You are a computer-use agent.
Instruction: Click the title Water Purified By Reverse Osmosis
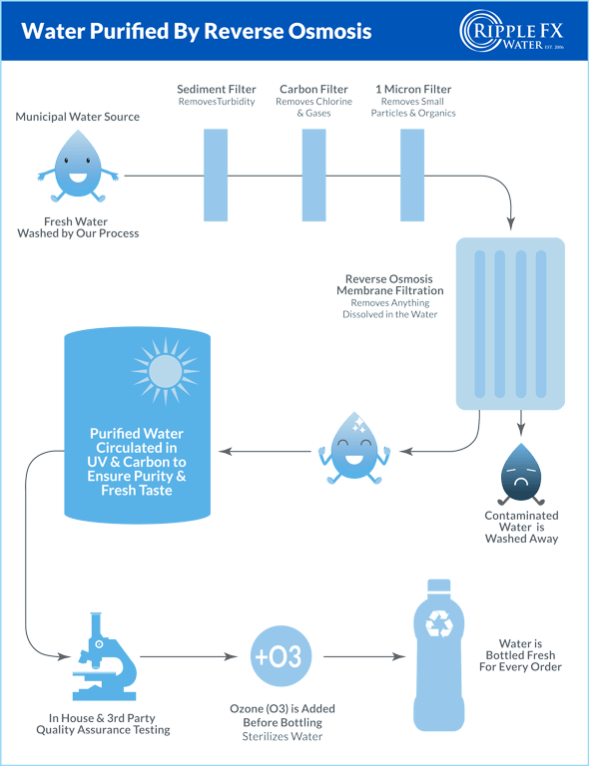click(197, 32)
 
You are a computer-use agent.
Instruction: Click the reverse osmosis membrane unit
click(510, 324)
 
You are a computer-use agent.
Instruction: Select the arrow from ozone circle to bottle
click(361, 657)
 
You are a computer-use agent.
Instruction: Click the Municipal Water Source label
click(77, 118)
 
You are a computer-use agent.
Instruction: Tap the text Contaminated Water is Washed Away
click(520, 527)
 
